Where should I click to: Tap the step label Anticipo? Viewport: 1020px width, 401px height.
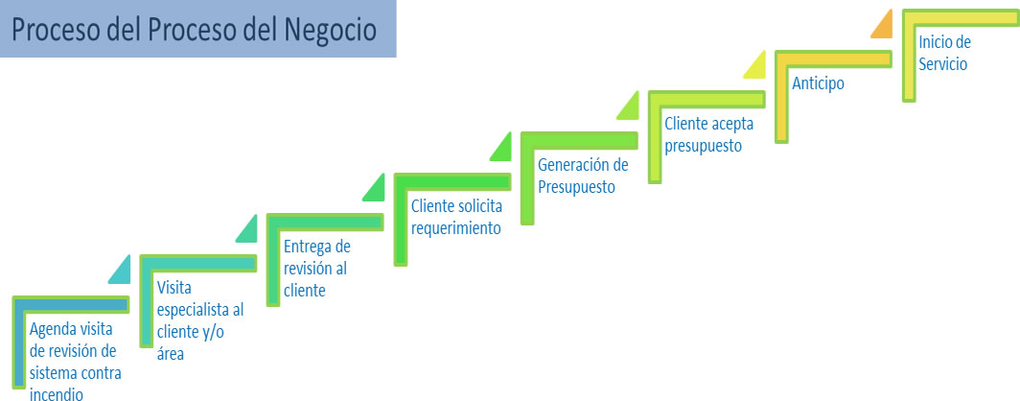tap(818, 84)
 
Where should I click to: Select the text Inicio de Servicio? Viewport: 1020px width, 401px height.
tap(944, 54)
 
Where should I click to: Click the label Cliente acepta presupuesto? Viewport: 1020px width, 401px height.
tap(704, 134)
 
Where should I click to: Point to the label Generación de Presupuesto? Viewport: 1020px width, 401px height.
tap(583, 176)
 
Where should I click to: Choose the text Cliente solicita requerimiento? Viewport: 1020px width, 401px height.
tap(456, 217)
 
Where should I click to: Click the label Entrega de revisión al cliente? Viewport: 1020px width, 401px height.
tap(316, 269)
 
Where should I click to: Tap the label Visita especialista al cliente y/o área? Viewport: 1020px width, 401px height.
tap(200, 320)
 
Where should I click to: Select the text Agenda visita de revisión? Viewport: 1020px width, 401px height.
tap(72, 340)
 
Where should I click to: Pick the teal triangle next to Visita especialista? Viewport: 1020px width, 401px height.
tap(122, 271)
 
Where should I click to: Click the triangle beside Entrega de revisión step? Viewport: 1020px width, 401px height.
tap(248, 229)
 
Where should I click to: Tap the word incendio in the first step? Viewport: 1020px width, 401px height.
tap(57, 393)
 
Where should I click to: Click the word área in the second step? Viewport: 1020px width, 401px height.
tap(171, 353)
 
